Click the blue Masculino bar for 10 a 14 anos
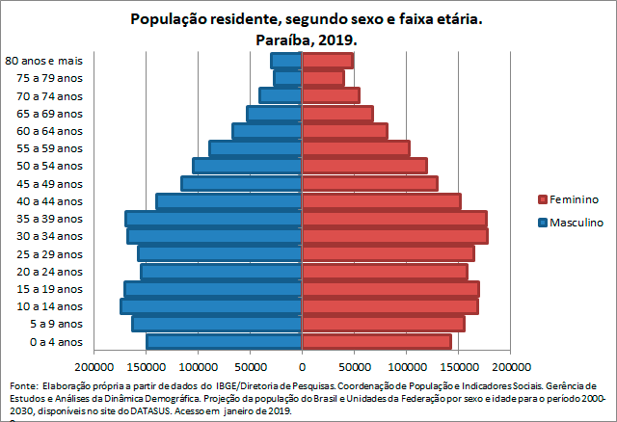212,306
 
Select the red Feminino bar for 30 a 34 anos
395,236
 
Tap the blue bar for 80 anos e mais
287,61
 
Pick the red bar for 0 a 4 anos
377,341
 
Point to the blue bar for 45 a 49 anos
242,183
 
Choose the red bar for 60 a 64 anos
345,131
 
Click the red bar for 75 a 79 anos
324,78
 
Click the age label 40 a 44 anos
56,201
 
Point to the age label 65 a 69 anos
56,114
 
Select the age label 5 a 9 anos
61,324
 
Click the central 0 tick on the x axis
303,367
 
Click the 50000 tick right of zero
354,367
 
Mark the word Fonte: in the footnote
22,384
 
